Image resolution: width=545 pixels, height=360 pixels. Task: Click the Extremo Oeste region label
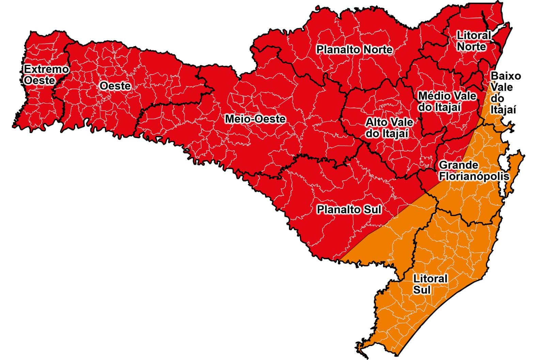coord(46,75)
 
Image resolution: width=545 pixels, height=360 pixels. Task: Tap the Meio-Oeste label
coord(255,119)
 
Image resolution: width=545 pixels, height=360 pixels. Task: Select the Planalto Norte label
coord(354,50)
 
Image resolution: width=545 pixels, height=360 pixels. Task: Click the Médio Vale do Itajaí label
coord(447,101)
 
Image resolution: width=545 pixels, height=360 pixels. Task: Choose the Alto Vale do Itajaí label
coord(389,128)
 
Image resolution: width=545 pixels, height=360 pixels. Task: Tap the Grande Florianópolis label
coord(474,171)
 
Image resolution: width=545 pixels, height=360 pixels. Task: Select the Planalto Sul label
coord(349,209)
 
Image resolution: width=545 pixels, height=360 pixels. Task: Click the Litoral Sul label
coord(430,284)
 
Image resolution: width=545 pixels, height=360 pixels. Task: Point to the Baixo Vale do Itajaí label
coord(505,93)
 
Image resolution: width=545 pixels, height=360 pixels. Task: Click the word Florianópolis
coord(474,176)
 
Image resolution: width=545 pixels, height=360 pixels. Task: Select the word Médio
coord(431,96)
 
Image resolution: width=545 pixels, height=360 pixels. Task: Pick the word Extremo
coord(46,69)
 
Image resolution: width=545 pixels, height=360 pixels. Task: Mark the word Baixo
coord(506,76)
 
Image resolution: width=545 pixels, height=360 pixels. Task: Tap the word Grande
coord(458,165)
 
